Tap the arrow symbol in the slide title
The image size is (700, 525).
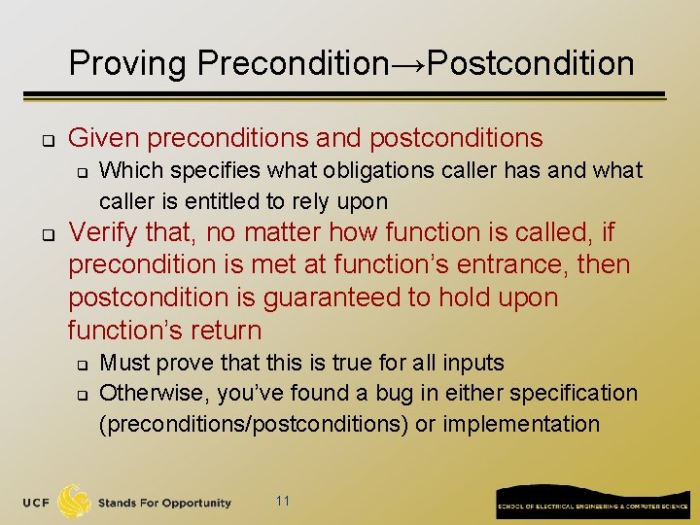tap(407, 65)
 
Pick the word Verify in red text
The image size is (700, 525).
tap(108, 232)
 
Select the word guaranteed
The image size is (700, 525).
tap(332, 297)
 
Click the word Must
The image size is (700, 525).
tap(123, 363)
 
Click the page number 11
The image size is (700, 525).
tap(283, 501)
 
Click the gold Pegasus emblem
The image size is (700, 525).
tap(76, 501)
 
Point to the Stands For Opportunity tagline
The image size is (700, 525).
tap(164, 503)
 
